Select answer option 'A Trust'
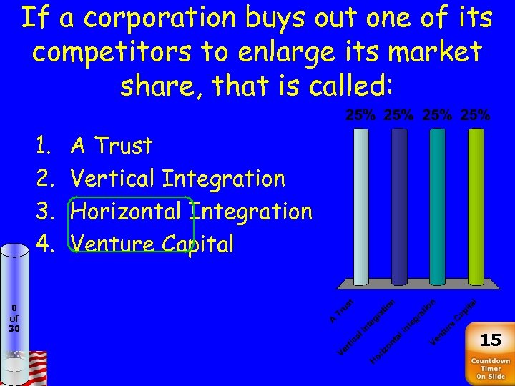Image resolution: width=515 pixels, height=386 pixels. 112,146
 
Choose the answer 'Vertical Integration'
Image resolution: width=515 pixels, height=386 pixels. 179,179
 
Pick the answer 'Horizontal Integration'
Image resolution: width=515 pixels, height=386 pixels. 192,212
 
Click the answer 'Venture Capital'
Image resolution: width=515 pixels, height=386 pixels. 153,244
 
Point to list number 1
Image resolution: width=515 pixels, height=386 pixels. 43,146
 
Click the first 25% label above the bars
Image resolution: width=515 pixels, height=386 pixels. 361,114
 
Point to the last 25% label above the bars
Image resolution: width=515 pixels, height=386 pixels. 476,114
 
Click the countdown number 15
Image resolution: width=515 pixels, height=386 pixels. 490,340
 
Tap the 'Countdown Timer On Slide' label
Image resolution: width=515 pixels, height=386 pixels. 490,369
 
